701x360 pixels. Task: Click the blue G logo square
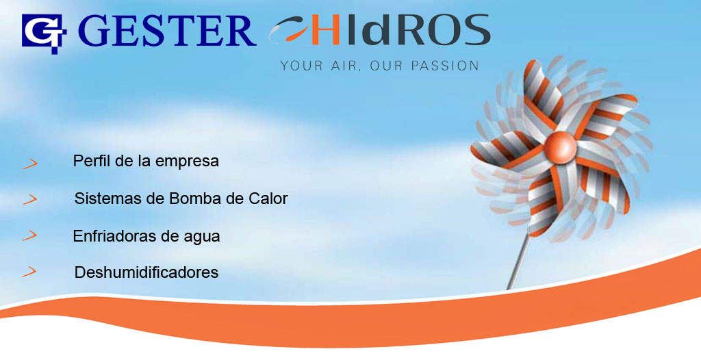tap(44, 34)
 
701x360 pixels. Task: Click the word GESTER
tap(167, 31)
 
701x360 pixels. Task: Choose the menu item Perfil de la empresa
tap(146, 161)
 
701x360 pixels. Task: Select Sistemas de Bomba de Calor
tap(181, 198)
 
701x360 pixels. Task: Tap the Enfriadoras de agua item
tap(146, 236)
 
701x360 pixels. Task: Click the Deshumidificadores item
tap(146, 272)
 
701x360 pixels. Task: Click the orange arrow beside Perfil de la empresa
tap(30, 164)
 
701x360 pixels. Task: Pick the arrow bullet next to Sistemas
tap(30, 199)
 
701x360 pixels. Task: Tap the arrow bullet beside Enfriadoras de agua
tap(30, 235)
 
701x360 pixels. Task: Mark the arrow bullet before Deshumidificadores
tap(29, 271)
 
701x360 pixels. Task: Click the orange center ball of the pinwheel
tap(560, 147)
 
